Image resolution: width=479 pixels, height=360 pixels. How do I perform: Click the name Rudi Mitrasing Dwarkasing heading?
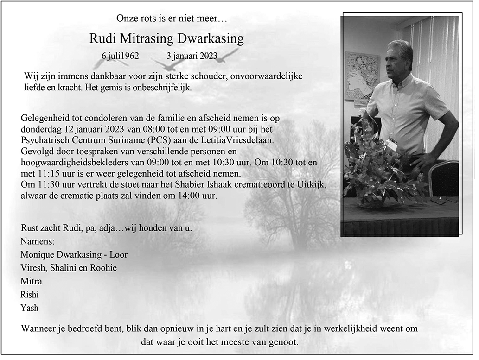coord(166,38)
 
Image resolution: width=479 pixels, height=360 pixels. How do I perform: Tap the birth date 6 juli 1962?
coord(120,56)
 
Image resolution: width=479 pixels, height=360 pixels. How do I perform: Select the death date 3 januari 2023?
coord(192,56)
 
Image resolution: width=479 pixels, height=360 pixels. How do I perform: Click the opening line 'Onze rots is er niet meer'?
coord(172,19)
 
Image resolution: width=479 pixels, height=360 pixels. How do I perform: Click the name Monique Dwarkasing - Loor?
coord(74,254)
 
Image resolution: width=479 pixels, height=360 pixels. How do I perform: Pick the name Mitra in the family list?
coord(31,281)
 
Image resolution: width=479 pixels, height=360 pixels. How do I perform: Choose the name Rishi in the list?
coord(30,295)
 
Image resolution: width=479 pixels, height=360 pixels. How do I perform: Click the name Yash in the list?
coord(30,308)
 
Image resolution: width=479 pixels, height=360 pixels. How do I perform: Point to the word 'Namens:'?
coord(38,241)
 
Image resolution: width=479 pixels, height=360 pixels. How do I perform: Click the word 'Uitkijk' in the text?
coord(314,185)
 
